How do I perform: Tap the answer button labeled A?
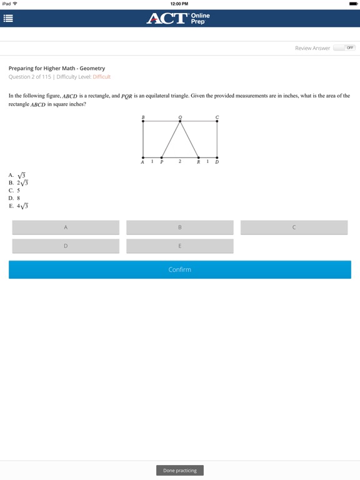point(66,227)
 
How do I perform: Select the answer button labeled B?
point(180,227)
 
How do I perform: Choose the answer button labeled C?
point(294,227)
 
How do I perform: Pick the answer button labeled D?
point(66,246)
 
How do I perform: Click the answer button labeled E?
point(180,246)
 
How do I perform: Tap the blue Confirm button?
point(180,269)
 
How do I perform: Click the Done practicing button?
point(180,470)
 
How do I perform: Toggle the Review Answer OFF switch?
point(344,47)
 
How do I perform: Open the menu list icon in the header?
point(8,18)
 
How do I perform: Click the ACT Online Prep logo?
point(179,18)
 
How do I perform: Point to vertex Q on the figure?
point(181,121)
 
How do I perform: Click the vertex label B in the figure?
point(143,117)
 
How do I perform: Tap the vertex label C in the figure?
point(217,117)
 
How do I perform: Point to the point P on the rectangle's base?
point(162,157)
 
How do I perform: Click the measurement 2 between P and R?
point(180,161)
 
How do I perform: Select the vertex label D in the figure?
point(217,162)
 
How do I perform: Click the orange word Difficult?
point(101,77)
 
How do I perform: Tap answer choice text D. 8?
point(14,198)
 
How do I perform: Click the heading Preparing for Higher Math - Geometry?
point(57,68)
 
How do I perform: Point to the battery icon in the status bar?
point(353,3)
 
